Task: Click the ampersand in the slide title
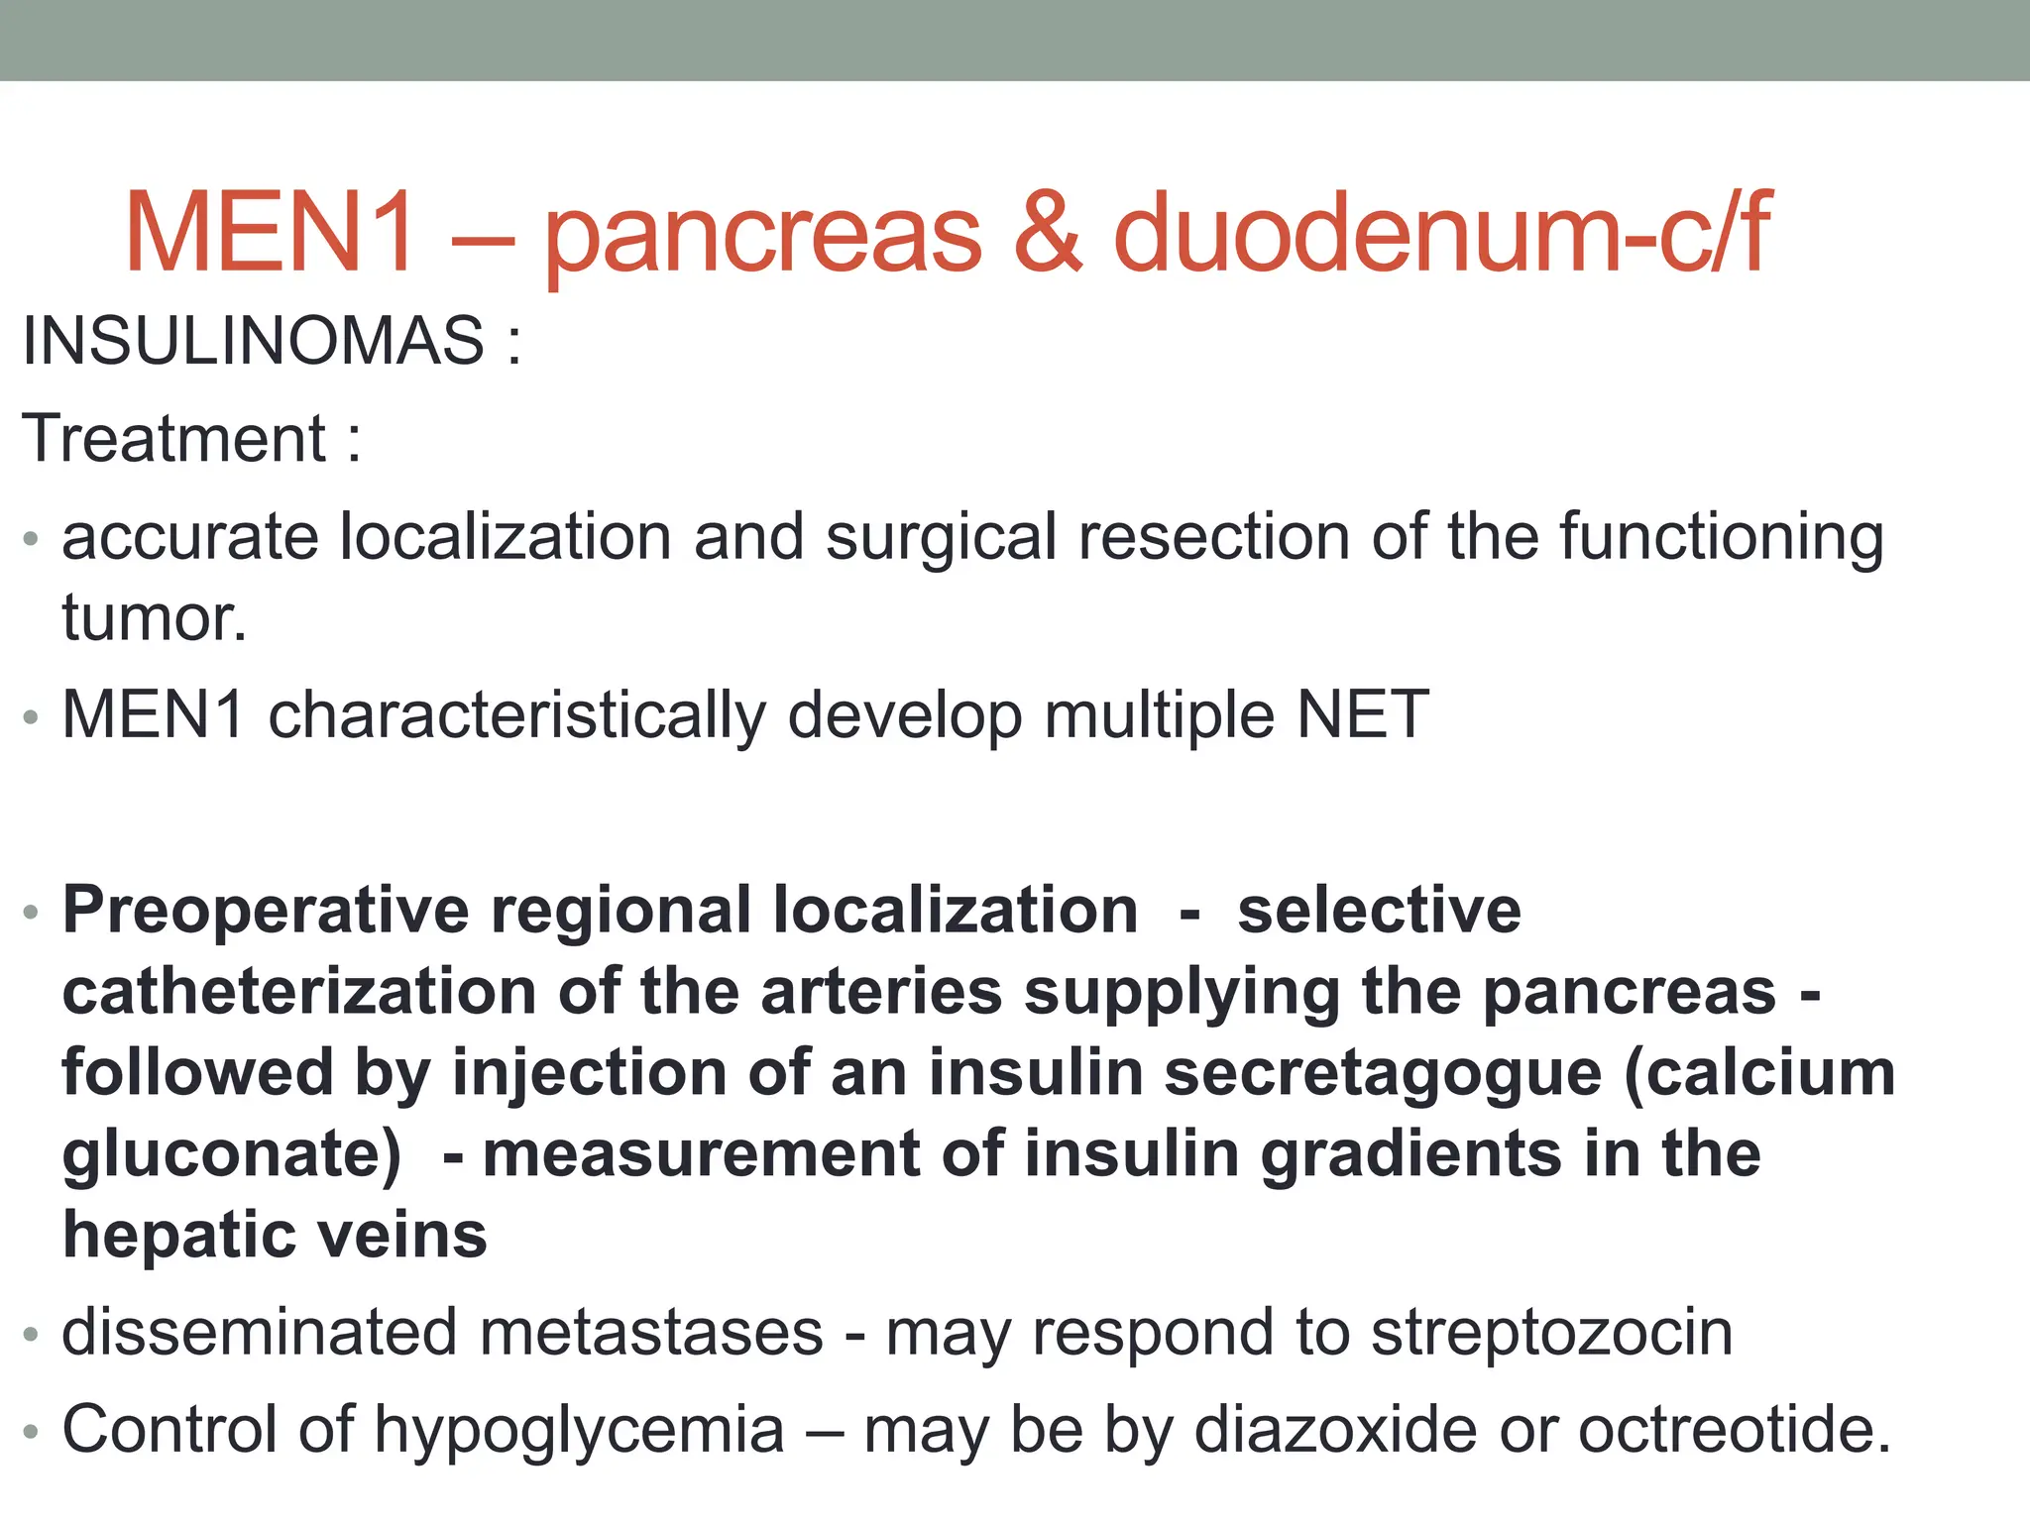(x=1048, y=234)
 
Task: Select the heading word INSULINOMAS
(x=254, y=341)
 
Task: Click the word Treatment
(x=174, y=438)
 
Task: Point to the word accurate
(x=190, y=537)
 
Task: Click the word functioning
(x=1722, y=537)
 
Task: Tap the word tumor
(x=154, y=618)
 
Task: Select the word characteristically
(x=516, y=714)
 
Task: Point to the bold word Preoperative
(x=266, y=911)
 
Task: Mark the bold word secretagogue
(x=1383, y=1073)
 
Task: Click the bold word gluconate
(x=231, y=1154)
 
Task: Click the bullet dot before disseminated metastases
(x=32, y=1336)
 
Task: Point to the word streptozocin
(x=1551, y=1333)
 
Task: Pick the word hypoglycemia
(x=579, y=1430)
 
